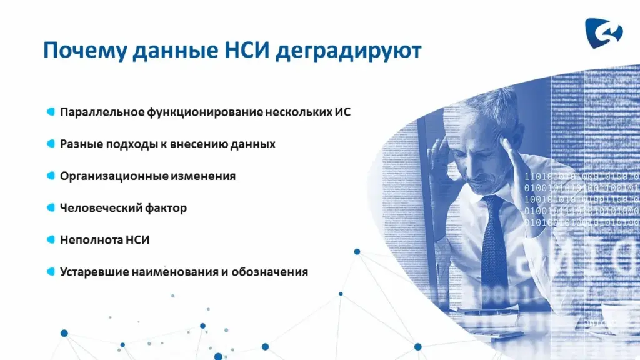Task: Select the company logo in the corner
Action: point(604,33)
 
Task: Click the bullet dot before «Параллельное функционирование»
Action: point(51,111)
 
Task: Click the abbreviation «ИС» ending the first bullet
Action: point(342,112)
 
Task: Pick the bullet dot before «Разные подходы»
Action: point(51,144)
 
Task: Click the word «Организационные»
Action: point(114,176)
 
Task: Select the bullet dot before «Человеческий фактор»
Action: point(51,207)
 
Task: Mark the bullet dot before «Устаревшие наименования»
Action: point(51,272)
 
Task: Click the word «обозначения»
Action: point(270,272)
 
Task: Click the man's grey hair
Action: point(490,102)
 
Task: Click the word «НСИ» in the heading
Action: point(247,51)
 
